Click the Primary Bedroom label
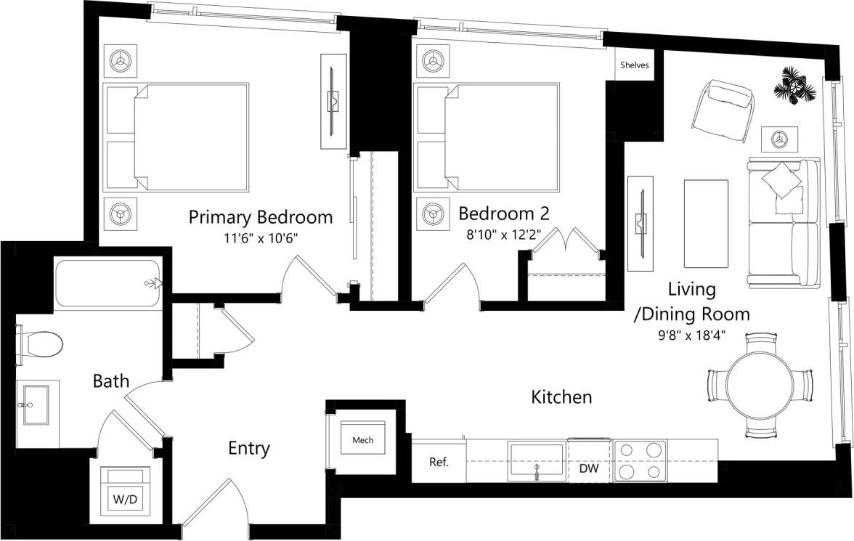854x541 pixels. (x=260, y=217)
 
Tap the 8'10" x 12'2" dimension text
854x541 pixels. (x=503, y=235)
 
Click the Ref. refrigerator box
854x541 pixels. (x=438, y=461)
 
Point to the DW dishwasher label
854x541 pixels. (x=589, y=469)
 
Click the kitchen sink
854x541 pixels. (x=537, y=460)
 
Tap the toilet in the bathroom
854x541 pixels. (x=42, y=344)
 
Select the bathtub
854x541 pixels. (x=107, y=283)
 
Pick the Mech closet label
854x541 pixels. (x=362, y=441)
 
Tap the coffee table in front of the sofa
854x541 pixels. (x=705, y=224)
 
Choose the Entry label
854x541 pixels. (x=249, y=449)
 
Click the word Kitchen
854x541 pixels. (x=561, y=397)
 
